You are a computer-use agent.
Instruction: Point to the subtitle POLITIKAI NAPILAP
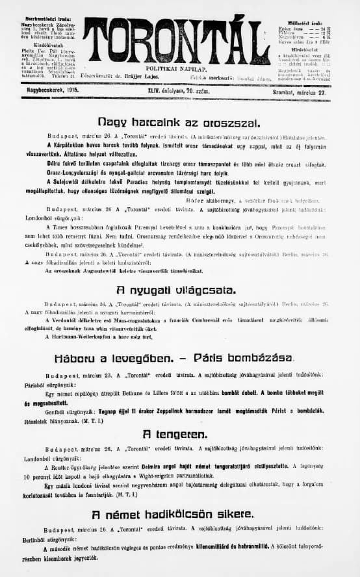pyautogui.click(x=176, y=67)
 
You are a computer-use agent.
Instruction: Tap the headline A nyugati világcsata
pyautogui.click(x=175, y=290)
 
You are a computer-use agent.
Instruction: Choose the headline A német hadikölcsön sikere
pyautogui.click(x=172, y=515)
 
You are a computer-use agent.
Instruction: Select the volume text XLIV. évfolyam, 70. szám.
pyautogui.click(x=179, y=94)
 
